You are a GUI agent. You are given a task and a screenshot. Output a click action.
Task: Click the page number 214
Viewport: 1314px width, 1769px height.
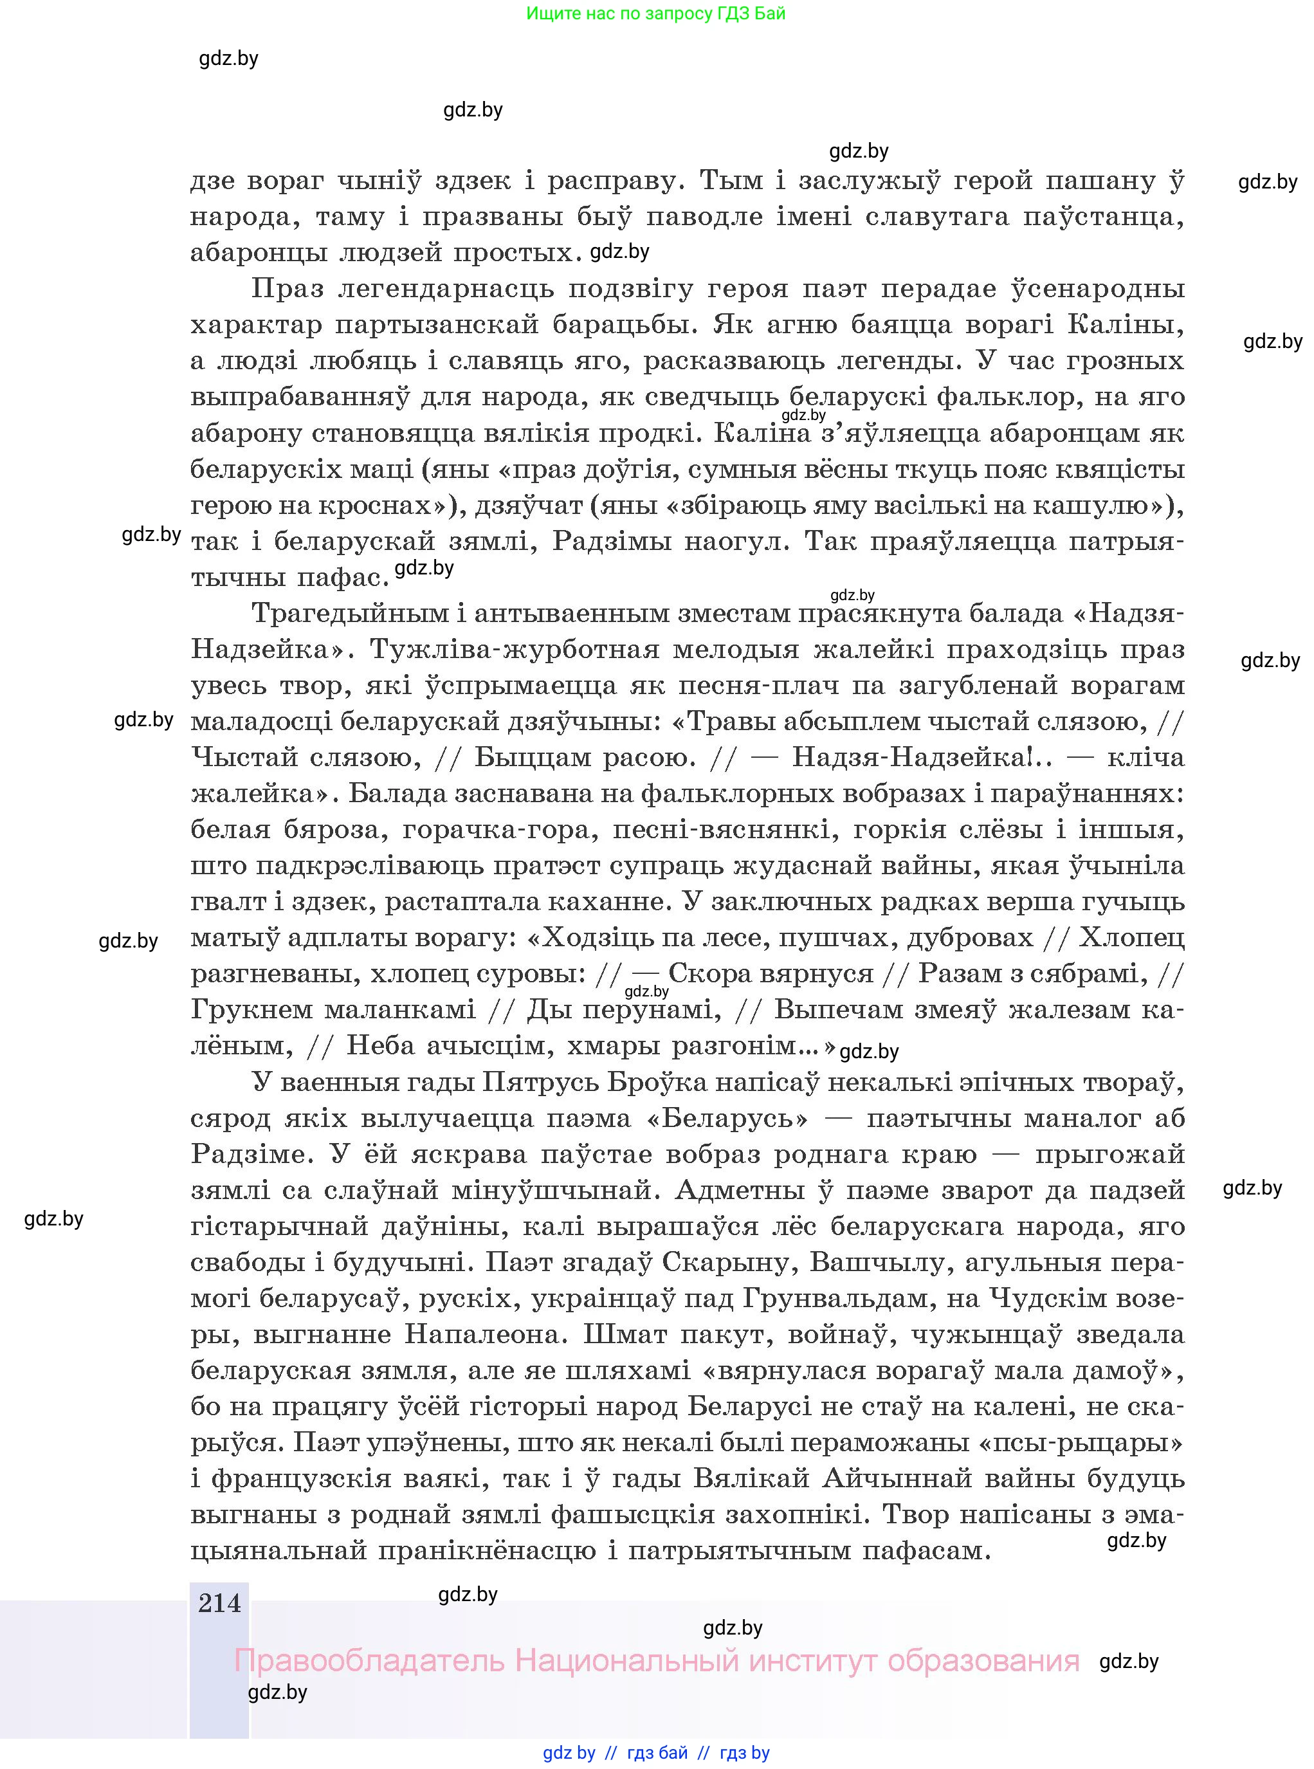pos(219,1603)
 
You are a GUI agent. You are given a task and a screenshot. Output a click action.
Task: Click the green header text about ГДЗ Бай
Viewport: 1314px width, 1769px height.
pos(655,14)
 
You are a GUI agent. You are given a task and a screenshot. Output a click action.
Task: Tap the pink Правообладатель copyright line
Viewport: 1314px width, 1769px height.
pos(656,1660)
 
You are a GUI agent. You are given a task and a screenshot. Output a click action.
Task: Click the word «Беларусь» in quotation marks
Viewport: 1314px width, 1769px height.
pos(728,1119)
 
